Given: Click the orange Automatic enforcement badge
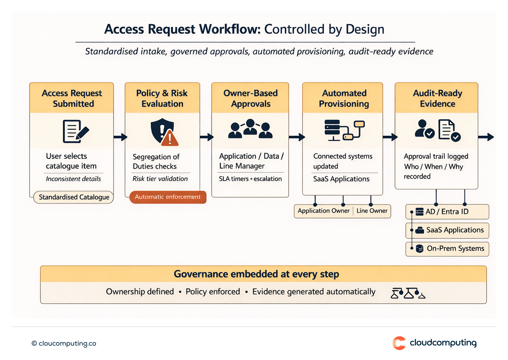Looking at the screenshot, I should [168, 197].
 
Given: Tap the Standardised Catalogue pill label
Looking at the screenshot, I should [74, 197].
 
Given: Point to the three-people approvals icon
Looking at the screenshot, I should [250, 129].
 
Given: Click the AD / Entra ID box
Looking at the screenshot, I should [447, 212].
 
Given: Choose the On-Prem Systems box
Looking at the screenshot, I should [447, 249].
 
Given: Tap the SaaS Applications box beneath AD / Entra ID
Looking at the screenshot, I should [447, 230].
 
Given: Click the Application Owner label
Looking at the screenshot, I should [324, 211].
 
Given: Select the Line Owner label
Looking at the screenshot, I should [372, 211].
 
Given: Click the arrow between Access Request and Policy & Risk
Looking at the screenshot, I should [120, 137].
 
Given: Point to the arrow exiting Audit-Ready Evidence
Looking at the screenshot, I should [486, 137].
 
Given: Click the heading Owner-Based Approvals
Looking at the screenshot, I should [250, 98].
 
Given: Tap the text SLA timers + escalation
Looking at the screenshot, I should [250, 179].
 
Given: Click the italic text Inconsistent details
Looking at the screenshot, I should [73, 179].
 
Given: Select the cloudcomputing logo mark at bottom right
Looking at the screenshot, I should [399, 343].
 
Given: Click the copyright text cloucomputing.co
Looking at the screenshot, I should [64, 343].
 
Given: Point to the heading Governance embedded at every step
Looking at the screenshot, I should [256, 274].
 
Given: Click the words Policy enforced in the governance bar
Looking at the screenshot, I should [213, 292].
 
